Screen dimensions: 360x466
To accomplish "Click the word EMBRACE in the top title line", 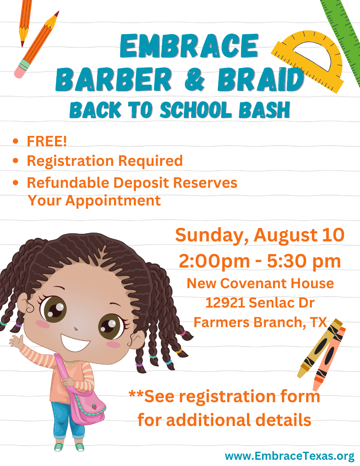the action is click(x=189, y=46).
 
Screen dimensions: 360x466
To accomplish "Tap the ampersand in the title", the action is click(x=195, y=79).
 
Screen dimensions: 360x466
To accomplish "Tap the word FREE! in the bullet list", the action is click(x=47, y=141).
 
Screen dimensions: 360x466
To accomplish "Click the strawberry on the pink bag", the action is click(x=94, y=407).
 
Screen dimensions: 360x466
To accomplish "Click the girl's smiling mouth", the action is click(x=75, y=341).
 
